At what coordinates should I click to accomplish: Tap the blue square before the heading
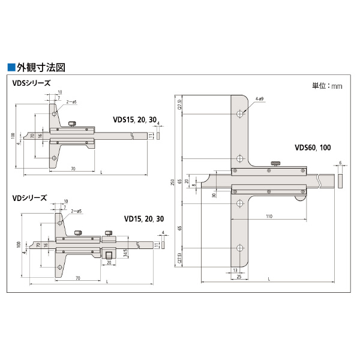pos(10,67)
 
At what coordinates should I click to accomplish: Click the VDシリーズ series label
pos(29,197)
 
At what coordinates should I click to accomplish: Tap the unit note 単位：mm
pos(328,86)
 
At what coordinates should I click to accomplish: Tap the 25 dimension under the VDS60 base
pos(239,277)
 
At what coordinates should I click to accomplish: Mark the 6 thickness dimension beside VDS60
pos(340,163)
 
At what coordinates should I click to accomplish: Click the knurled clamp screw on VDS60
pos(276,163)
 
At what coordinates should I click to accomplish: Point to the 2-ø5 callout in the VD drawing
pos(76,212)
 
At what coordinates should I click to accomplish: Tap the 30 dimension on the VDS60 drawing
pos(214,194)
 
